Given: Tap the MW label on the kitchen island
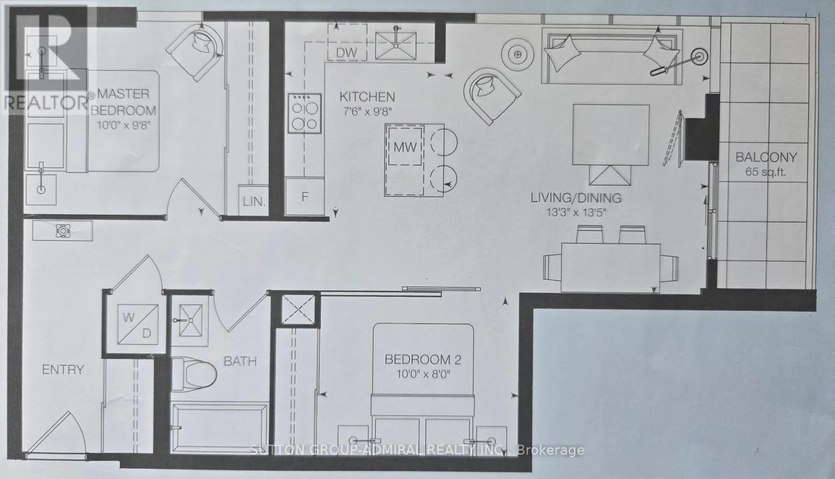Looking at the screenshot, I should (x=405, y=148).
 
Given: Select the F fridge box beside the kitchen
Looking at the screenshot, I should (x=305, y=197).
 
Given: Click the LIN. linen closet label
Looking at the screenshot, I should (x=254, y=202).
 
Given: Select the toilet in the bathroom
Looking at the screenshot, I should (x=193, y=374).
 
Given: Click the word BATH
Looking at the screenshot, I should (x=240, y=361).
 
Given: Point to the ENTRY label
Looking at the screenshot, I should (x=63, y=370).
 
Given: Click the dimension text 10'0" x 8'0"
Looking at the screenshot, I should (x=416, y=375).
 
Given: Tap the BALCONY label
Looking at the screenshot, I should (x=766, y=157).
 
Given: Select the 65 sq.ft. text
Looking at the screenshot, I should (x=766, y=173).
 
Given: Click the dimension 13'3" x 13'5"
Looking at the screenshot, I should (x=576, y=212).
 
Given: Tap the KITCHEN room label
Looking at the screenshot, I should (x=367, y=97).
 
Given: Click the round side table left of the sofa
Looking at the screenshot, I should (x=517, y=53).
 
